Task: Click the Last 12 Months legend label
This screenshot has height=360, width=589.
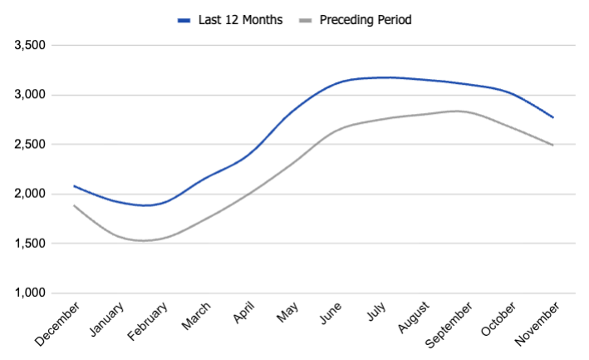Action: click(x=239, y=19)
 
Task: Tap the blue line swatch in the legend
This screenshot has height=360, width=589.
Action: click(x=185, y=19)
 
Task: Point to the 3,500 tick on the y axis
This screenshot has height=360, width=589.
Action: click(x=32, y=45)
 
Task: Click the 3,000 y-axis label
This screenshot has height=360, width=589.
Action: click(x=32, y=95)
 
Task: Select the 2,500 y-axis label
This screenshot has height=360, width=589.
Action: click(x=32, y=145)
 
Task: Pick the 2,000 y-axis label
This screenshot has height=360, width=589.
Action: click(x=32, y=194)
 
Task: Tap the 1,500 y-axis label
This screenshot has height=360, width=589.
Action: click(x=32, y=244)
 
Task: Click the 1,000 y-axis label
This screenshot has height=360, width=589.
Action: click(x=32, y=293)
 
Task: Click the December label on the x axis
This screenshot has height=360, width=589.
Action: click(x=59, y=323)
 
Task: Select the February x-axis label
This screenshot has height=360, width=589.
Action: click(x=148, y=323)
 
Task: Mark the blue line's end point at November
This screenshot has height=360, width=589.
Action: click(x=553, y=117)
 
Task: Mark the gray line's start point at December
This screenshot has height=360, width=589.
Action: click(x=75, y=205)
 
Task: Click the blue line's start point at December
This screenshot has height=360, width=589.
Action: click(x=75, y=185)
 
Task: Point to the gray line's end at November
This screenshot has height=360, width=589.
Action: click(x=553, y=145)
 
